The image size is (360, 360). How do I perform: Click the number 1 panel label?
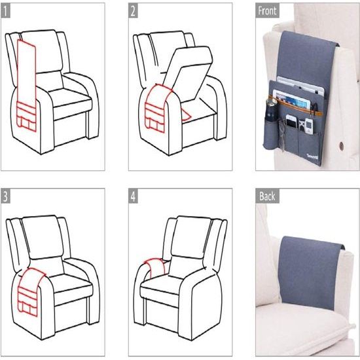pyautogui.click(x=5, y=10)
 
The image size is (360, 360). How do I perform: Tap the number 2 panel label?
pyautogui.click(x=133, y=10)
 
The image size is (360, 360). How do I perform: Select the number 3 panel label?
pyautogui.click(x=5, y=196)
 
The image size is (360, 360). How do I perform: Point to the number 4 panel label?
pyautogui.click(x=133, y=196)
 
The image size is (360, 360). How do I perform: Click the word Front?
pyautogui.click(x=267, y=10)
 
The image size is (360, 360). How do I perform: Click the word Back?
pyautogui.click(x=267, y=196)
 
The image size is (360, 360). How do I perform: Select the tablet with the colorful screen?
pyautogui.click(x=291, y=100)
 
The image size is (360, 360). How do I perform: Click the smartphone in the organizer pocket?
pyautogui.click(x=291, y=122)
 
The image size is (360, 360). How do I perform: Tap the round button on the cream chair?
pyautogui.click(x=342, y=145)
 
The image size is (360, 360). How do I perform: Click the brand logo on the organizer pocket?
pyautogui.click(x=312, y=157)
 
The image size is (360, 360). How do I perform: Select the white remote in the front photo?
pyautogui.click(x=308, y=126)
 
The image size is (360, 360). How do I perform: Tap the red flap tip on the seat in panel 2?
pyautogui.click(x=186, y=114)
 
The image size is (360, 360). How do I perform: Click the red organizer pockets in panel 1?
pyautogui.click(x=26, y=117)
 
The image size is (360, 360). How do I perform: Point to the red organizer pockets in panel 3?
pyautogui.click(x=27, y=301)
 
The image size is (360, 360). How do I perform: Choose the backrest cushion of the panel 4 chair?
pyautogui.click(x=191, y=237)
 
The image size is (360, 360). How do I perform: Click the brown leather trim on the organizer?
pyautogui.click(x=296, y=106)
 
